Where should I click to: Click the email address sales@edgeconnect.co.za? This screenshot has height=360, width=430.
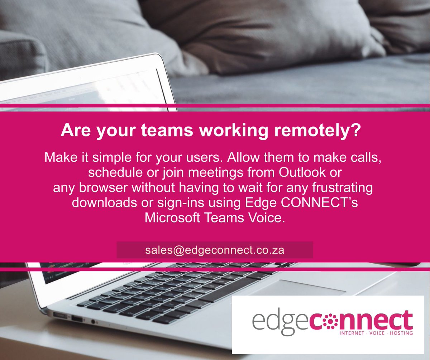(x=215, y=250)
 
